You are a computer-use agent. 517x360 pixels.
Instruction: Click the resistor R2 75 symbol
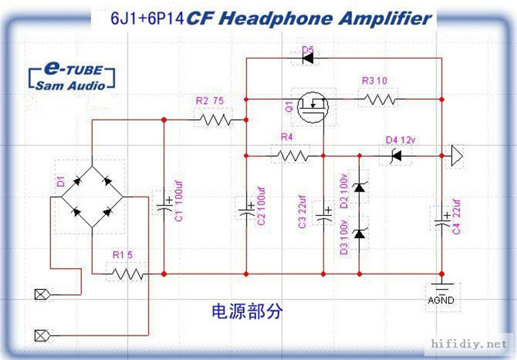point(215,119)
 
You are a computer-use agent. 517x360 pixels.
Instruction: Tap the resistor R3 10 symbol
point(382,99)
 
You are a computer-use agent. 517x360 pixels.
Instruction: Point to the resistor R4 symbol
point(290,155)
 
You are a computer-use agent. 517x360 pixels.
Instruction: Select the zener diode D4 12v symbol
point(396,155)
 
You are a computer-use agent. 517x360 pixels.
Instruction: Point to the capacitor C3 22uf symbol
point(323,215)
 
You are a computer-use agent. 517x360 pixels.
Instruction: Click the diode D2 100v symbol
point(360,188)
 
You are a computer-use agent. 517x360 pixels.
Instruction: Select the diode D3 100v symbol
point(360,234)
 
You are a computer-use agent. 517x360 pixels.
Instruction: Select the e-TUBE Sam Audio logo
point(69,76)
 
